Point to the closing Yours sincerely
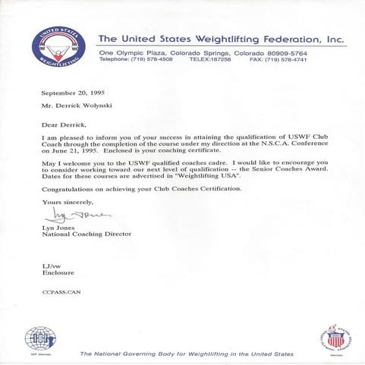[66, 201]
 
